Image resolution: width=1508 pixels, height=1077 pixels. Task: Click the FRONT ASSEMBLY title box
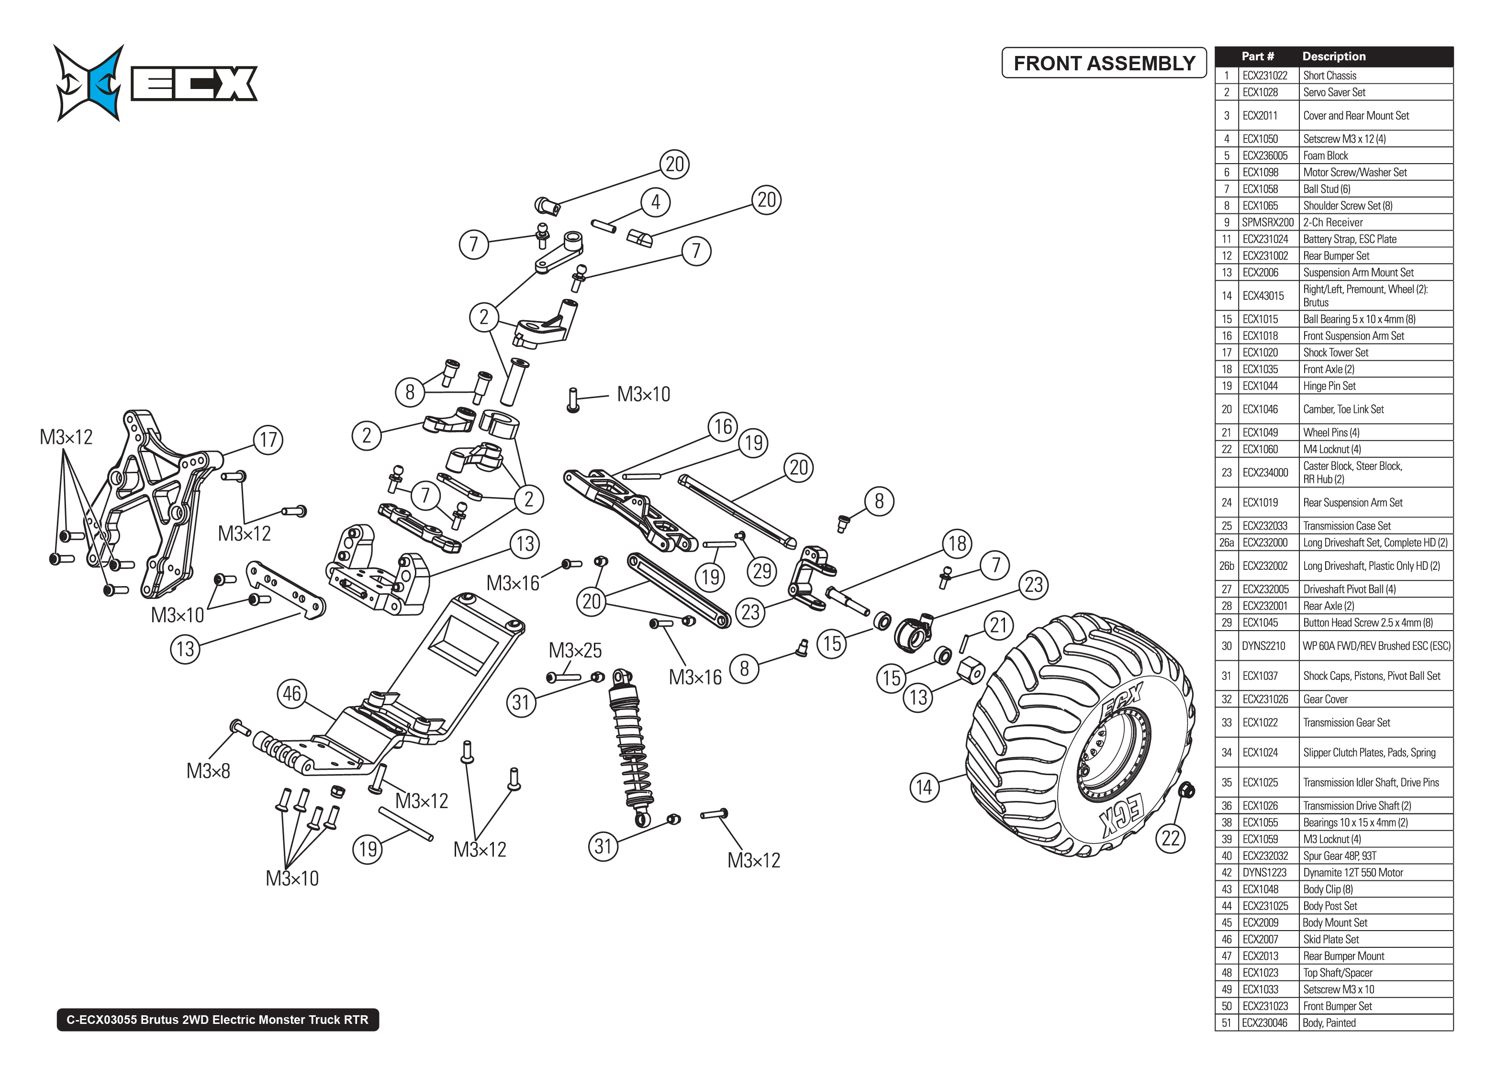click(1104, 63)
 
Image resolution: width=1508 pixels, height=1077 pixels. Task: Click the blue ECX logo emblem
click(89, 83)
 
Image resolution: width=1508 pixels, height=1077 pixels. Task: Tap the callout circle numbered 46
click(292, 694)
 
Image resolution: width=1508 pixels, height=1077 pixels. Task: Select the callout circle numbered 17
click(268, 440)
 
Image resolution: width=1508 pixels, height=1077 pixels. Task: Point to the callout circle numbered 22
click(1171, 838)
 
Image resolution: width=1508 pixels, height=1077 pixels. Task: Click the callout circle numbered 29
click(762, 570)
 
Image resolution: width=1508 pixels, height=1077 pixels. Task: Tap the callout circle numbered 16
click(723, 426)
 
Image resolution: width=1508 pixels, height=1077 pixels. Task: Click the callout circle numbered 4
click(655, 201)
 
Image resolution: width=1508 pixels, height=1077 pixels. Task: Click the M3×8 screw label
click(208, 771)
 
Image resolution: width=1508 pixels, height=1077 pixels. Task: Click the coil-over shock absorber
click(630, 743)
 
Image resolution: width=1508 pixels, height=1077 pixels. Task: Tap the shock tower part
click(156, 504)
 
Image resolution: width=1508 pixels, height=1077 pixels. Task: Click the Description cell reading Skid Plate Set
click(1330, 939)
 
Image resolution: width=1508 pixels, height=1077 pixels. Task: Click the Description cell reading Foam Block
click(1325, 155)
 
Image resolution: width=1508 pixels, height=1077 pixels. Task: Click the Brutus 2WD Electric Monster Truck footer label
click(217, 1019)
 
